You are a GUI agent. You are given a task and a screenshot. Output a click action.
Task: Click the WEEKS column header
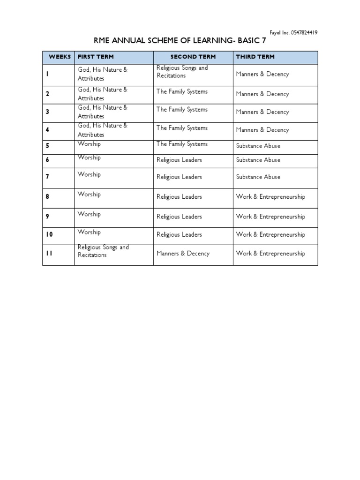tap(60, 57)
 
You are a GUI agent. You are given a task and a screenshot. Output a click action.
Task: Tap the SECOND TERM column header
tap(193, 57)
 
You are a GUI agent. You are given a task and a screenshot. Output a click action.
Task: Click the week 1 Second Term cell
tap(182, 72)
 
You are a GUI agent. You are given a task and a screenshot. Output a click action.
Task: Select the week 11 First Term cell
tap(103, 251)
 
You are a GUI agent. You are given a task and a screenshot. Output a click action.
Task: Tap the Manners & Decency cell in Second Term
tap(183, 254)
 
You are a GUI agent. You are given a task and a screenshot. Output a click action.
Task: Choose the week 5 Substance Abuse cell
tap(258, 146)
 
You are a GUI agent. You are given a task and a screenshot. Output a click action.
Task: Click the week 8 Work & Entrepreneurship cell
tap(270, 197)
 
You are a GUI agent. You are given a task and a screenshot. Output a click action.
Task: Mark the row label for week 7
tap(47, 177)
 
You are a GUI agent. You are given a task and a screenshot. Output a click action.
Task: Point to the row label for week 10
tap(49, 235)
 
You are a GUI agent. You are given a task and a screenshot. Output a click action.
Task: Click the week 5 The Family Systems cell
tap(182, 144)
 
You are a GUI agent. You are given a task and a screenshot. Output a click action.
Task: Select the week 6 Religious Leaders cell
tap(179, 160)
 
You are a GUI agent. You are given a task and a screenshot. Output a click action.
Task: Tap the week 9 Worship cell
tap(89, 214)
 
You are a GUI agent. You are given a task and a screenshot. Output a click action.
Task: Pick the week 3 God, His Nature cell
tap(102, 112)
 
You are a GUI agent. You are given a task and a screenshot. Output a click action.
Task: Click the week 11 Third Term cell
tap(270, 254)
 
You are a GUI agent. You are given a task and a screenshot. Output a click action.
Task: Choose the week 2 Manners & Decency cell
tap(262, 94)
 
